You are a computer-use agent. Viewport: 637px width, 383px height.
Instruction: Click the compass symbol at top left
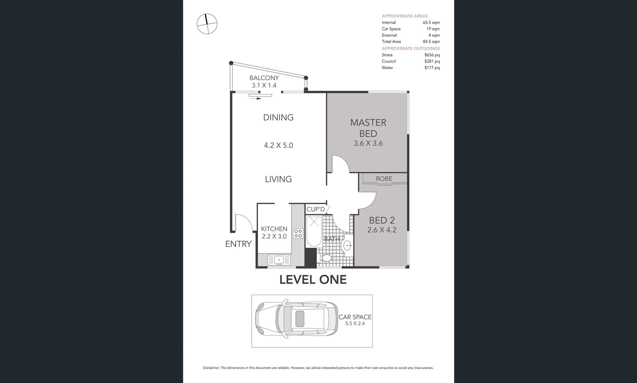(207, 24)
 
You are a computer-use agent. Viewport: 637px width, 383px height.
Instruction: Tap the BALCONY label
(264, 78)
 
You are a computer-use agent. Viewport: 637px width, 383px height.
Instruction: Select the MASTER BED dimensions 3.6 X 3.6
(368, 143)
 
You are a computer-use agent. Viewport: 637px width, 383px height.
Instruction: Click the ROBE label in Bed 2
(384, 179)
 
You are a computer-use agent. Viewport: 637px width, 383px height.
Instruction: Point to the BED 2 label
(382, 220)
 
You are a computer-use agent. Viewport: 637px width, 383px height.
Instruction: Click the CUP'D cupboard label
(316, 209)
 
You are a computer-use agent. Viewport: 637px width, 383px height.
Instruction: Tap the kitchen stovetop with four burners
(298, 233)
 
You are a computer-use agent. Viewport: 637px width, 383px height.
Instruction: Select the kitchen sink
(279, 260)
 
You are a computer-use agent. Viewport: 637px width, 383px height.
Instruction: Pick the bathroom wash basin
(347, 245)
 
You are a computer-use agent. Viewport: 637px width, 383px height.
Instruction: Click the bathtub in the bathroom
(314, 231)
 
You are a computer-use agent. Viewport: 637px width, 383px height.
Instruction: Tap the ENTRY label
(238, 244)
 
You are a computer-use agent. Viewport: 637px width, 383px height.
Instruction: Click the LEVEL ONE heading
(313, 280)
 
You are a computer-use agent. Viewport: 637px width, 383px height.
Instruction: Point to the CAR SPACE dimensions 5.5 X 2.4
(355, 323)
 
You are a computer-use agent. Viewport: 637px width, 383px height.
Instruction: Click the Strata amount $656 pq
(432, 55)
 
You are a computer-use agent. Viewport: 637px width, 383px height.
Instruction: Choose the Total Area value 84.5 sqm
(431, 41)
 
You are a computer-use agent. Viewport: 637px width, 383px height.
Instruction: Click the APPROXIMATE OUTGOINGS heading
(411, 48)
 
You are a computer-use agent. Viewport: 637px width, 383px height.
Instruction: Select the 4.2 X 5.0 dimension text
(278, 145)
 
